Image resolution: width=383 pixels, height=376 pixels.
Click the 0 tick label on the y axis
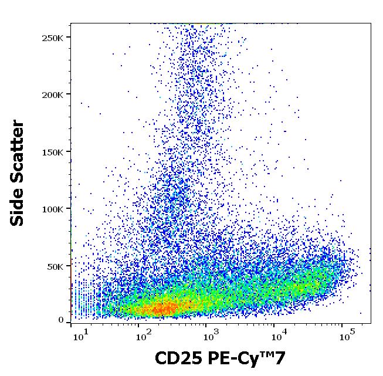pos(61,320)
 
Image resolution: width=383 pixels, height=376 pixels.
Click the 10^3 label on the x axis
pos(210,337)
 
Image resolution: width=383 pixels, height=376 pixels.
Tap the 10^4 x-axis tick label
pos(279,337)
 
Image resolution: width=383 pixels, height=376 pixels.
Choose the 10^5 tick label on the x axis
pos(347,337)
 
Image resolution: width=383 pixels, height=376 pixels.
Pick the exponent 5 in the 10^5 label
pos(352,333)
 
